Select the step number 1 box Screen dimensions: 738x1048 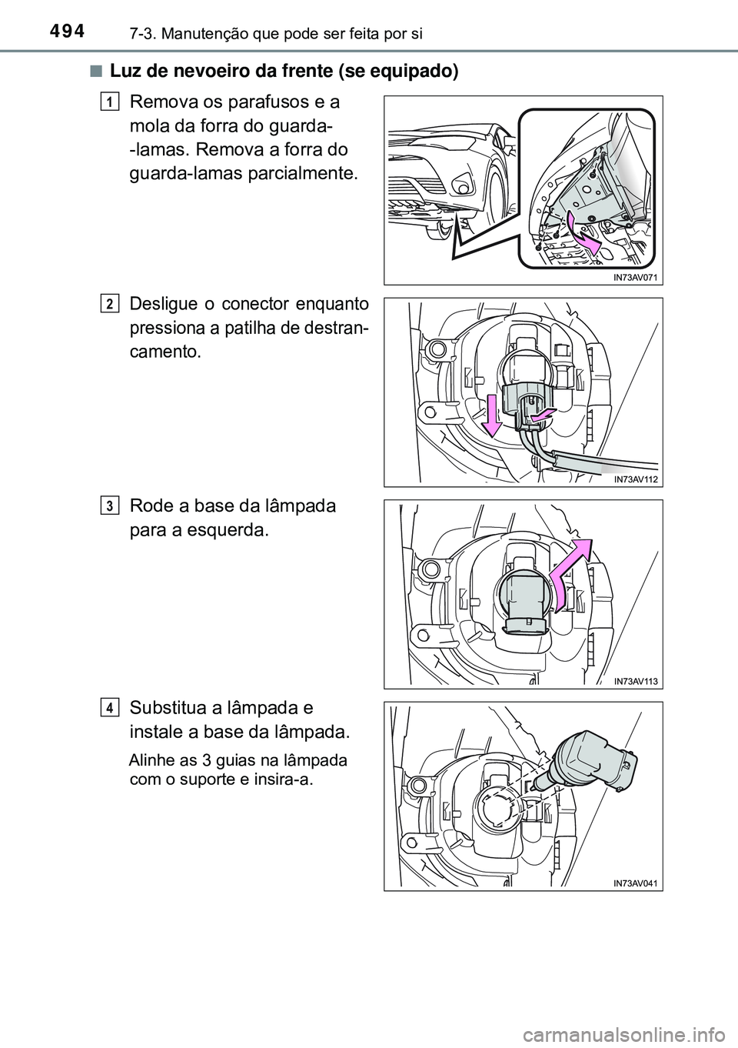click(x=109, y=102)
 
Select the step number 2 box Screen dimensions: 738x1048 click(x=109, y=304)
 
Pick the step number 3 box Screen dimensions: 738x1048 click(x=109, y=506)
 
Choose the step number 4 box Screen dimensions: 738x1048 click(x=109, y=708)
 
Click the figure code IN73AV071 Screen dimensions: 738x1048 click(x=635, y=277)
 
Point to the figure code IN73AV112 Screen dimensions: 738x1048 click(x=635, y=479)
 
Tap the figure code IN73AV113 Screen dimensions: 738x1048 click(x=635, y=681)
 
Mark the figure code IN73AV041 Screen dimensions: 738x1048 click(x=635, y=883)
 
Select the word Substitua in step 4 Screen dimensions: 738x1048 click(x=168, y=708)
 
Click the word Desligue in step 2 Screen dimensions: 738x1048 click(x=164, y=305)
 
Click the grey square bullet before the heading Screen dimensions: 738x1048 click(x=96, y=72)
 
